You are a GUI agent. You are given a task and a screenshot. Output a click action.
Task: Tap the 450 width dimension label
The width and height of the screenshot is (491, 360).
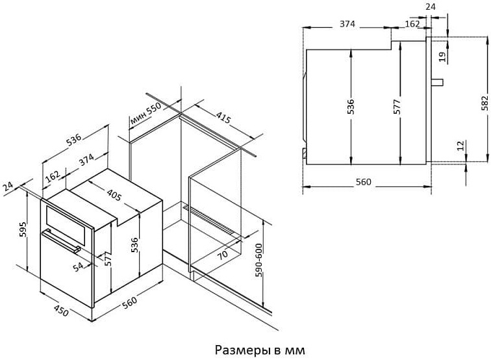61,310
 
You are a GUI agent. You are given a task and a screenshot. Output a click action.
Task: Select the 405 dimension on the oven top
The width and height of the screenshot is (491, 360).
114,195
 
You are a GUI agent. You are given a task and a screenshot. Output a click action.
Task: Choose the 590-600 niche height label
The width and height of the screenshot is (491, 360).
259,261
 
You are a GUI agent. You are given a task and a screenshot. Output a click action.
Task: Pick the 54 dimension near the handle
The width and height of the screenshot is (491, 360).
79,266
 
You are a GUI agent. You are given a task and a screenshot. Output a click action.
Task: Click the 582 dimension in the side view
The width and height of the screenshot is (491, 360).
485,103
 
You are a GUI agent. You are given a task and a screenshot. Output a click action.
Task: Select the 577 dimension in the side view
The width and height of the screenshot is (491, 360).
397,107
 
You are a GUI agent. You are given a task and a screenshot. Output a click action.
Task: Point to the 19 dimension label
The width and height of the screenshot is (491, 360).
442,57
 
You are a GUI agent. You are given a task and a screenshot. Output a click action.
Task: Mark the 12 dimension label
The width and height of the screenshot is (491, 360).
460,146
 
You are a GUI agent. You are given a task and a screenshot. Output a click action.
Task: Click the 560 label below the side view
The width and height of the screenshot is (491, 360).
363,182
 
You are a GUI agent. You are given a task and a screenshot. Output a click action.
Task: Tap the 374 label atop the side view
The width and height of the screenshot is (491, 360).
347,24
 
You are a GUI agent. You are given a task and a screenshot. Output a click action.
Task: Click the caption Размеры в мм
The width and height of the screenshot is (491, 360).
260,350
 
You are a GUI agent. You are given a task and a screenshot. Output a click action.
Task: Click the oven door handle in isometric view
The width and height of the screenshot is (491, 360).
61,240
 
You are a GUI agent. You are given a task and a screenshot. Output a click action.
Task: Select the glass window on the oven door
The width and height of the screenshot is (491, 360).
66,225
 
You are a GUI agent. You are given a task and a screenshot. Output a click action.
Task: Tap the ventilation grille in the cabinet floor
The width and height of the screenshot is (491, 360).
208,220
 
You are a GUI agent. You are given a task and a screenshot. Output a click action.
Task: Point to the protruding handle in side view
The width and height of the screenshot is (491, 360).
438,82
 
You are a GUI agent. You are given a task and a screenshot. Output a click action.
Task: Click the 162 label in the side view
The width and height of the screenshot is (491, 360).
412,24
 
